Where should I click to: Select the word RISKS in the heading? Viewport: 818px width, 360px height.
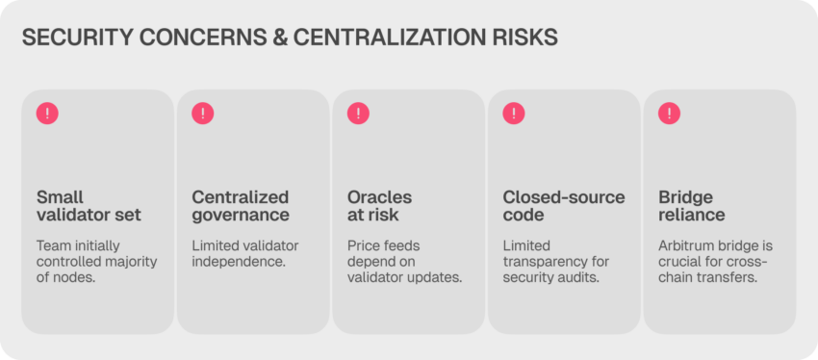(527, 39)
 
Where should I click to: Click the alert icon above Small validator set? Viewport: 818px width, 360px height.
(47, 114)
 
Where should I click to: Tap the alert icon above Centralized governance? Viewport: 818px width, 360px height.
(203, 114)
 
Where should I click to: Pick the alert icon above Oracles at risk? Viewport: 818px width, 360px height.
(358, 114)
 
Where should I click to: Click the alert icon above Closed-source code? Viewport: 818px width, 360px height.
(514, 114)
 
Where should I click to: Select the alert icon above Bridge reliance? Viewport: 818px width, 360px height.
(670, 114)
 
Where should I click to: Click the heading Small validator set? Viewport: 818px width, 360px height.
(89, 206)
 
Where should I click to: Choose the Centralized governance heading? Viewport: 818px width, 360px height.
(241, 206)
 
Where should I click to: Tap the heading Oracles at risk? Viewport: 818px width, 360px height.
(380, 206)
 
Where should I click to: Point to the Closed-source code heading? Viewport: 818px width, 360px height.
(564, 206)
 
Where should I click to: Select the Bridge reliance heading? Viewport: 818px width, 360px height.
(692, 206)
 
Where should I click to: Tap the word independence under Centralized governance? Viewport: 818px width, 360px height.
(239, 262)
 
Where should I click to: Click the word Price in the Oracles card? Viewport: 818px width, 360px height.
(362, 245)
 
